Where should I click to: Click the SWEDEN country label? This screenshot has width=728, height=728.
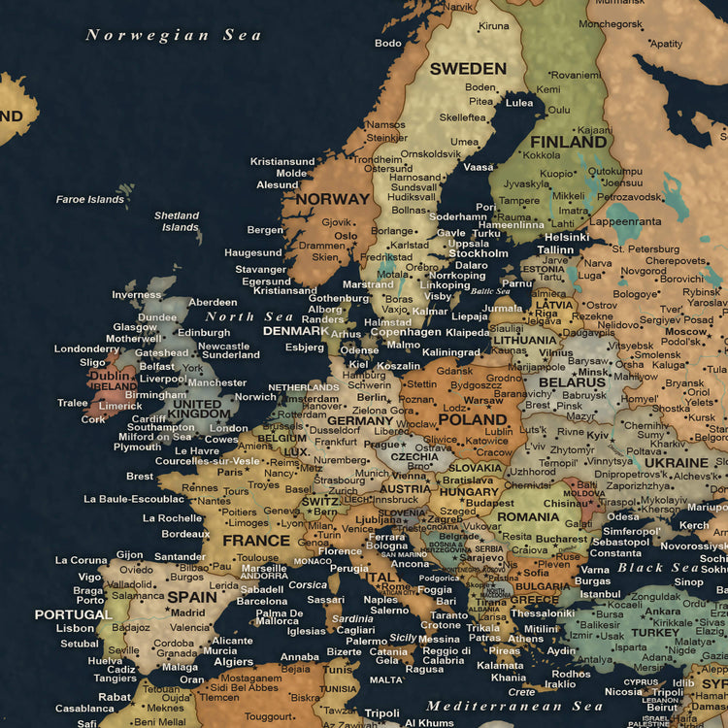coord(468,69)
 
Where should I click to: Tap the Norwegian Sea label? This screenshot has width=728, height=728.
coord(174,35)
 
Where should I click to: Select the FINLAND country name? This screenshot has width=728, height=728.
coord(568,142)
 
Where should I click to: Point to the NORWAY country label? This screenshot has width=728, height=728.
coord(333,199)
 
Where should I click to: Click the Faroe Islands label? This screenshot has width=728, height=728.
coord(90,200)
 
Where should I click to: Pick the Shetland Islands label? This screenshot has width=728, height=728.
coord(178,221)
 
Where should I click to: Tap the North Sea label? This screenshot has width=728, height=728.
coord(248,316)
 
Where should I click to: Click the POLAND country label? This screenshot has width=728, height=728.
coord(473,420)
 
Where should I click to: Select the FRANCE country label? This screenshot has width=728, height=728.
coord(256,541)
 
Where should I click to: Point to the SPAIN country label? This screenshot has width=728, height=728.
coord(192,597)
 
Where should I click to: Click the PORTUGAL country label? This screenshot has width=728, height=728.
coord(74,614)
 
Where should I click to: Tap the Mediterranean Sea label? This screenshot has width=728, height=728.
coord(514,706)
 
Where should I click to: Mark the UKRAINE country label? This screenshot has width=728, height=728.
coord(677,463)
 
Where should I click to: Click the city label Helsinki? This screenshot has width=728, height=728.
coord(567,237)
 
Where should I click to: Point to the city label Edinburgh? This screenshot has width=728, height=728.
coord(204,332)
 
